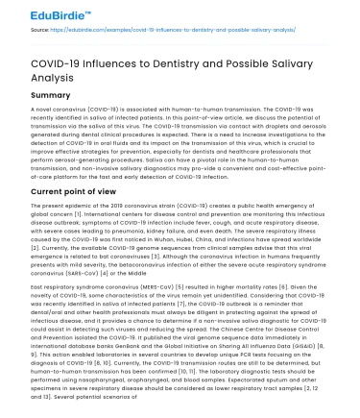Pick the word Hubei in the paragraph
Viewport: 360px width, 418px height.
point(179,232)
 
